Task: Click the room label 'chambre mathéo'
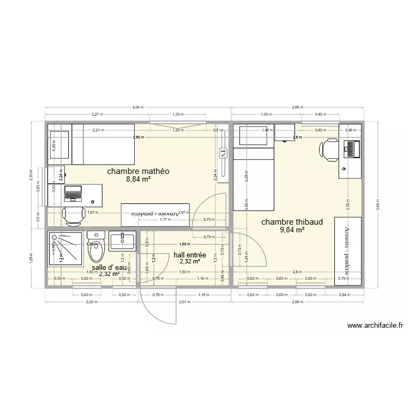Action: click(139, 171)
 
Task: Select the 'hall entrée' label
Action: click(189, 255)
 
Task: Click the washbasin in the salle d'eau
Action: click(123, 240)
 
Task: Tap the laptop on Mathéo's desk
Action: click(73, 192)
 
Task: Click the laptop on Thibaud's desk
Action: click(352, 148)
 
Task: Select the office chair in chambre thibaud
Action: click(330, 148)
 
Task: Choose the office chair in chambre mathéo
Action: click(73, 216)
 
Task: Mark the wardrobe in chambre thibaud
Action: click(346, 250)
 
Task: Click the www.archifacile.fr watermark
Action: click(375, 326)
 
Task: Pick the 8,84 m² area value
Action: click(139, 179)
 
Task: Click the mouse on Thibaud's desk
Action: click(344, 169)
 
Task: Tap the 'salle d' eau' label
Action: click(109, 268)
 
